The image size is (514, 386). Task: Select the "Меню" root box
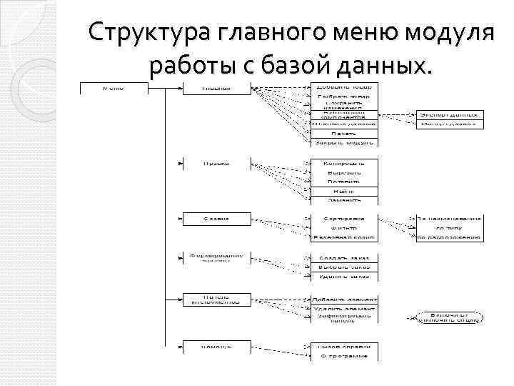click(x=114, y=89)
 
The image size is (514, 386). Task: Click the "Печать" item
click(x=344, y=134)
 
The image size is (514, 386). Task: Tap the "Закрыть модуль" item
click(x=344, y=142)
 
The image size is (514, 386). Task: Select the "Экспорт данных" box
click(x=450, y=114)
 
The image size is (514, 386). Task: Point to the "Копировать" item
click(x=344, y=164)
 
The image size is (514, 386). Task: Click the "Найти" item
click(x=344, y=191)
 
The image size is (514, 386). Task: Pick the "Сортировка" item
click(x=344, y=218)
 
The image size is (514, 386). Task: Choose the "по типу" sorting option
click(x=450, y=227)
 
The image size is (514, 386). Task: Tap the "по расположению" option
click(x=450, y=237)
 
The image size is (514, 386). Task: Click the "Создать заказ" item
click(x=344, y=257)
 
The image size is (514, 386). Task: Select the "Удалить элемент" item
click(x=344, y=308)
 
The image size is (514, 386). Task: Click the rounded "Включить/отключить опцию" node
click(x=450, y=317)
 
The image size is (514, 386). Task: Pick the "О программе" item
click(x=344, y=355)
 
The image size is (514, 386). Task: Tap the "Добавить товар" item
click(x=344, y=88)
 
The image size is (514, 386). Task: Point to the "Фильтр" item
click(x=344, y=227)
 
